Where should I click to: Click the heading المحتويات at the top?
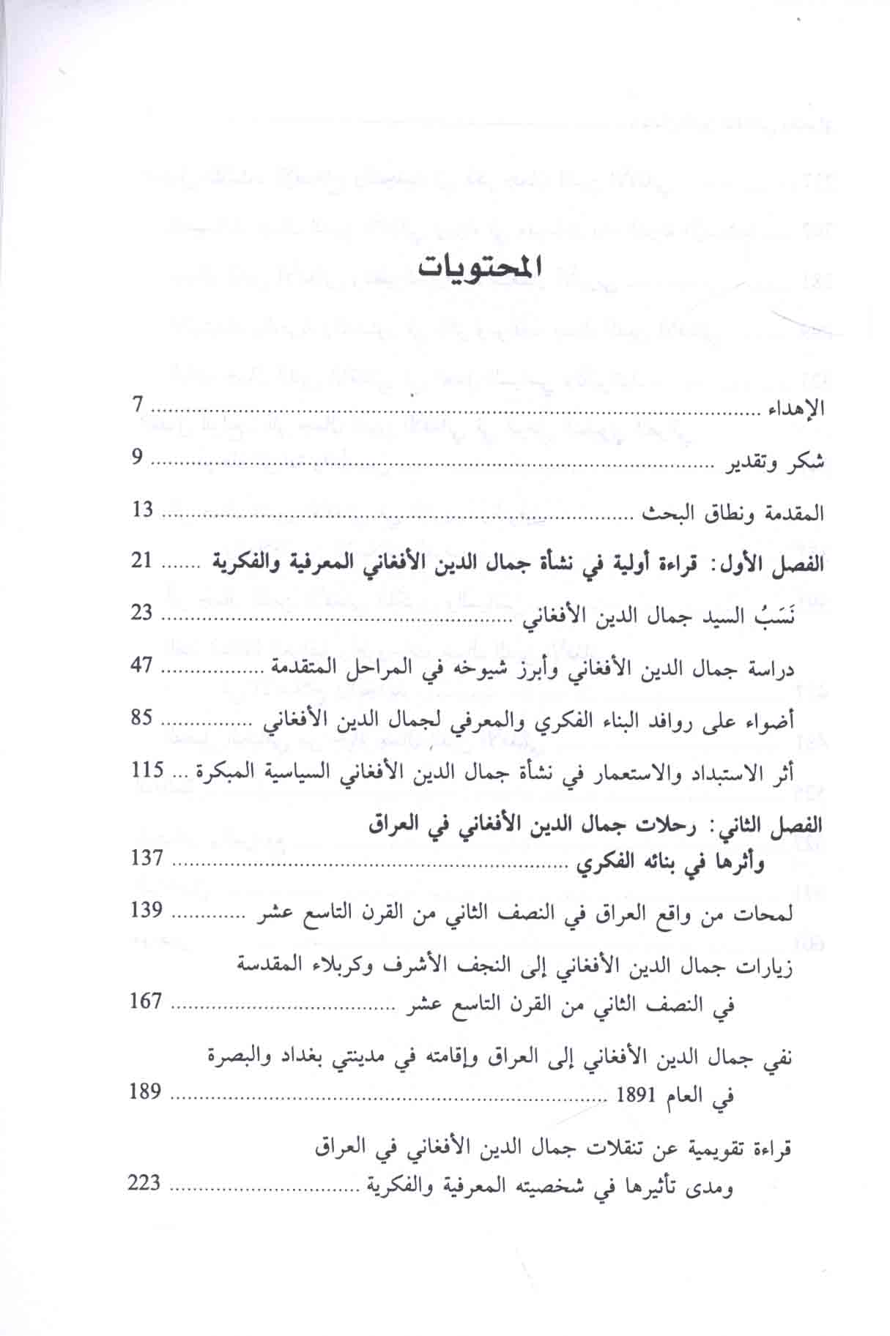pos(481,265)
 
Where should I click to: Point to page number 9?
pos(137,458)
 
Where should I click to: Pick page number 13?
pos(143,510)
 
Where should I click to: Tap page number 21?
pos(142,562)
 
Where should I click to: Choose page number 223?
pos(144,1182)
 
